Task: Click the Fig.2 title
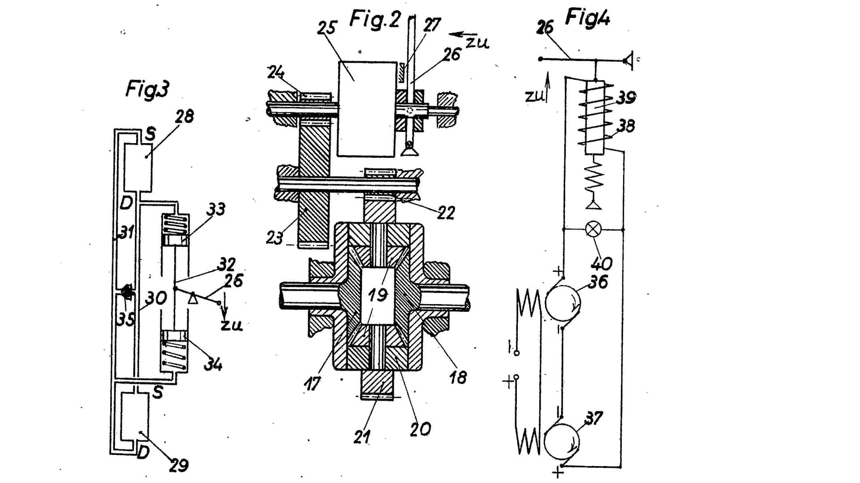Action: point(374,20)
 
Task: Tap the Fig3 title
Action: point(147,89)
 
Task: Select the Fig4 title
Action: point(587,17)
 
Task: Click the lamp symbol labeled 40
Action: point(593,230)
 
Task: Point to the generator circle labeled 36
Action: point(563,303)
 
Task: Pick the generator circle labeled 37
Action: point(562,441)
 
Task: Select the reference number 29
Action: point(179,466)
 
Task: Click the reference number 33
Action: point(216,209)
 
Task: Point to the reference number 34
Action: point(213,364)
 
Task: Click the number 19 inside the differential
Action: point(377,295)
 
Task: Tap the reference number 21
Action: point(361,437)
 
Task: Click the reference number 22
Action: point(446,212)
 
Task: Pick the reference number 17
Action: point(312,383)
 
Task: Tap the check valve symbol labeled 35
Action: point(127,291)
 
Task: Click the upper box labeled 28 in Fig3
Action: point(138,167)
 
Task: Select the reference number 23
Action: point(275,237)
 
